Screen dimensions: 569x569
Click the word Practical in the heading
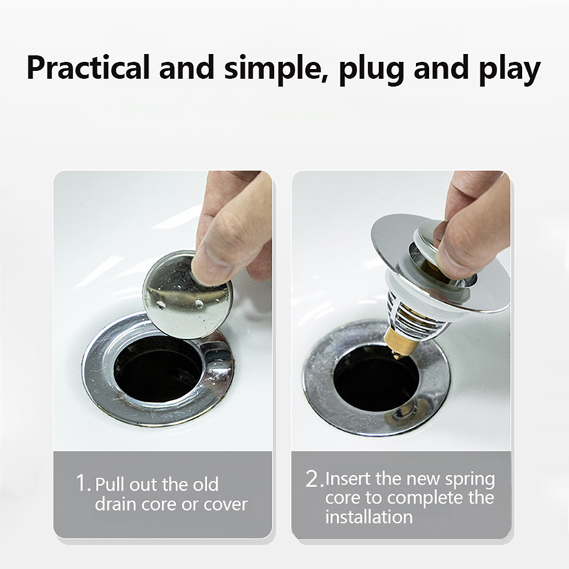point(88,68)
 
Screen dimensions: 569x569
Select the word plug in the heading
point(371,70)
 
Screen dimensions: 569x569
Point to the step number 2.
point(313,478)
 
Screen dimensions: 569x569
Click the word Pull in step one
point(110,484)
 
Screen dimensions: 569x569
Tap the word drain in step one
point(116,504)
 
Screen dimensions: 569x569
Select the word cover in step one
point(225,505)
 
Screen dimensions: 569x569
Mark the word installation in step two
point(368,516)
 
